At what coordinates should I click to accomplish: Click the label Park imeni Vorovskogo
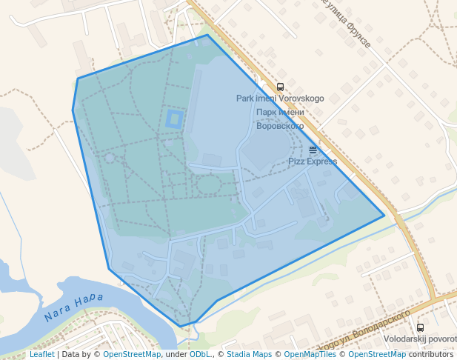(x=280, y=99)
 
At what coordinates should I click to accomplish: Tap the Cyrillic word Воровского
(x=280, y=126)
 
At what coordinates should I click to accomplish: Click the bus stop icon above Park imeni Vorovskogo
(x=280, y=87)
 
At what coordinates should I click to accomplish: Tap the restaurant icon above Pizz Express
(x=313, y=150)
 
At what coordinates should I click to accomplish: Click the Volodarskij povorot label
(x=420, y=339)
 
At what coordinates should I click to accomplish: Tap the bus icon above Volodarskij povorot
(x=420, y=327)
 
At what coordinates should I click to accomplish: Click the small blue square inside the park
(x=174, y=119)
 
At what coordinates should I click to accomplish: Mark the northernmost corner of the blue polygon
(x=207, y=35)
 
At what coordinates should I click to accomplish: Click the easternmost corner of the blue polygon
(x=384, y=216)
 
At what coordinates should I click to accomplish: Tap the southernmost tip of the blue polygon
(x=181, y=327)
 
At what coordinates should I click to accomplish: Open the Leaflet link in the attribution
(x=41, y=355)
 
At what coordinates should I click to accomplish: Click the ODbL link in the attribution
(x=200, y=355)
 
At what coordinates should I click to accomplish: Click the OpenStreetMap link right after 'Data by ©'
(x=132, y=355)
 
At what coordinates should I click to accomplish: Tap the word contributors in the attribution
(x=431, y=355)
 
